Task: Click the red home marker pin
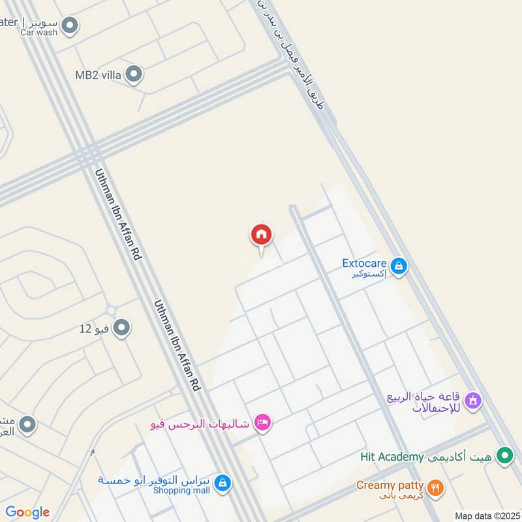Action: (x=262, y=236)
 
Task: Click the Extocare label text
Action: (x=365, y=264)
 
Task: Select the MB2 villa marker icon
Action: (x=134, y=74)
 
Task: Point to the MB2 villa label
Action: (x=99, y=75)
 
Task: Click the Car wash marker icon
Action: (x=70, y=26)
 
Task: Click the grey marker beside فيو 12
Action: (x=121, y=328)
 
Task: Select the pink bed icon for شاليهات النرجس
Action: (x=263, y=423)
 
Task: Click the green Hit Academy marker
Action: (x=504, y=456)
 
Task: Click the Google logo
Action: (x=27, y=512)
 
